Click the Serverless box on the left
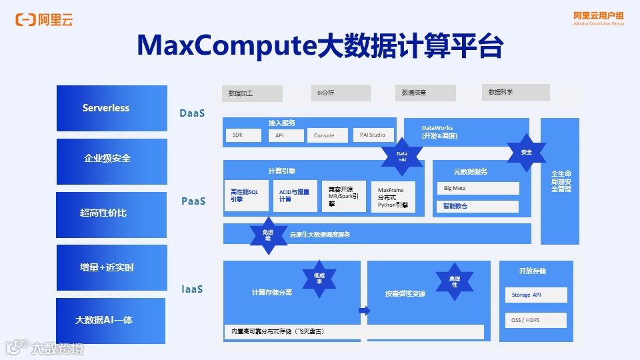(112, 108)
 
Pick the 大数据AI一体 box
(111, 321)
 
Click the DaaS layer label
(191, 113)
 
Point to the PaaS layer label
(193, 201)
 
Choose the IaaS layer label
(191, 289)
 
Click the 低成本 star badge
(319, 279)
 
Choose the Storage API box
(535, 295)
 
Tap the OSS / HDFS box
(535, 320)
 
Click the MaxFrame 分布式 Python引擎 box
(393, 197)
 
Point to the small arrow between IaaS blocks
(364, 311)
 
